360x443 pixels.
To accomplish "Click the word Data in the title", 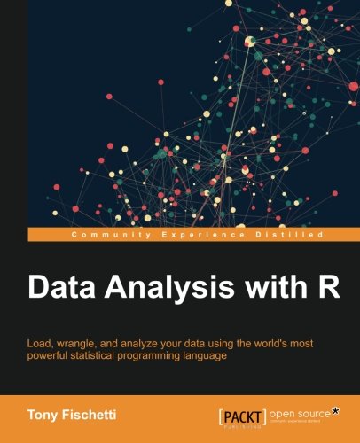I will point(56,289).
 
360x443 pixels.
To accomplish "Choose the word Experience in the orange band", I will point(187,234).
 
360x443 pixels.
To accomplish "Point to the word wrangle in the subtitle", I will point(85,342).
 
